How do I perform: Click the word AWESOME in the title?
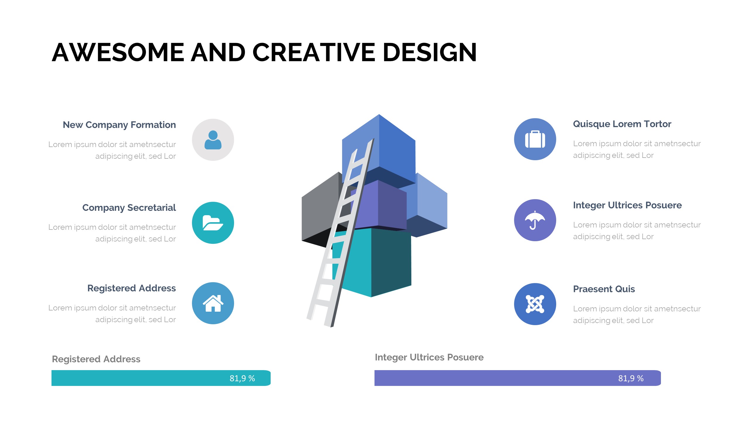118,52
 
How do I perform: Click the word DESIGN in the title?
430,52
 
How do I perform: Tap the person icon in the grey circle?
213,140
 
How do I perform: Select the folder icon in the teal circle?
213,223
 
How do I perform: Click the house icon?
213,303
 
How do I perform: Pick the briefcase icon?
535,139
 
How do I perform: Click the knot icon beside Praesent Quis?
535,304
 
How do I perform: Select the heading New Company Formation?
119,125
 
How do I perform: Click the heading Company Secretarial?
129,208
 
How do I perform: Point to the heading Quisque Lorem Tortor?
622,124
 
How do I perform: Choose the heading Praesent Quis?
604,289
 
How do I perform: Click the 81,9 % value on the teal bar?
242,378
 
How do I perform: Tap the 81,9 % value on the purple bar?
631,378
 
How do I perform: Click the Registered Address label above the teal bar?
96,359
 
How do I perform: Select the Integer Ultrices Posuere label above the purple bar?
429,357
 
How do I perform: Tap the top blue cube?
389,149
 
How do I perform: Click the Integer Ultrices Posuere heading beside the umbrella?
627,205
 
